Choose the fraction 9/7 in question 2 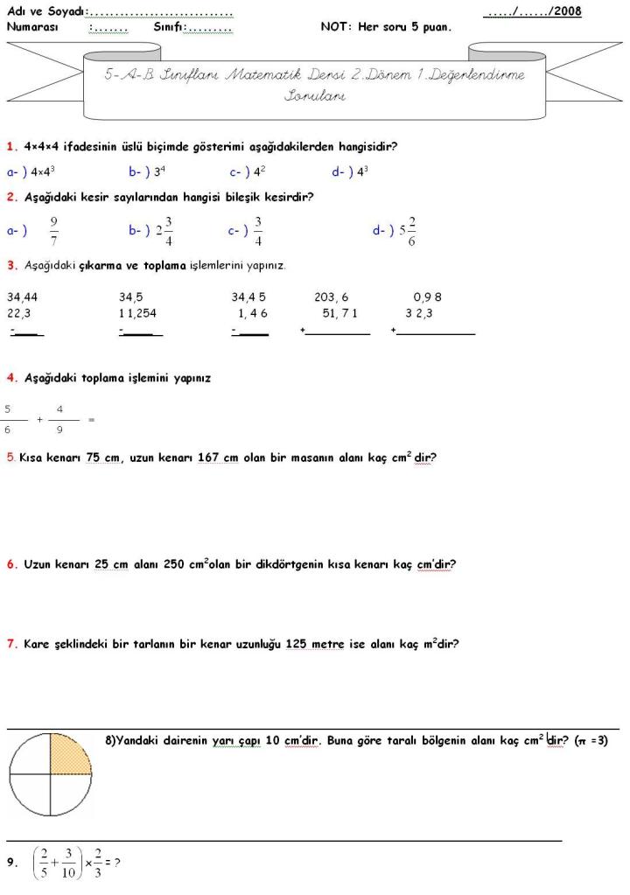pyautogui.click(x=54, y=231)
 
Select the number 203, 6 pyautogui.click(x=332, y=297)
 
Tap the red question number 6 pyautogui.click(x=11, y=564)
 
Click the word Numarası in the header pyautogui.click(x=32, y=27)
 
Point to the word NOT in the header pyautogui.click(x=335, y=27)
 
